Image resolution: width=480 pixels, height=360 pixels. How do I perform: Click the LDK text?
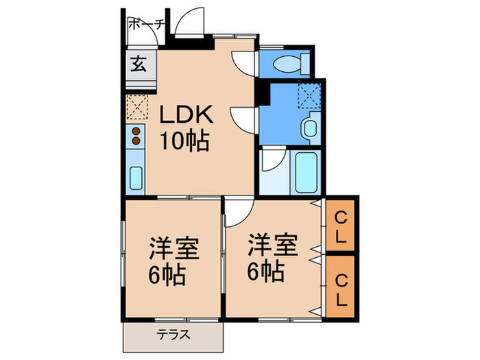(x=187, y=115)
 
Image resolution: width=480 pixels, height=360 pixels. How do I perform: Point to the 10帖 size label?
(x=184, y=141)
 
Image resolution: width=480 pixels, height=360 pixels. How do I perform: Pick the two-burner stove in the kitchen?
(x=136, y=135)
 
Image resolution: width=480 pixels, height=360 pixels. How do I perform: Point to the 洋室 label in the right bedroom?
(x=273, y=245)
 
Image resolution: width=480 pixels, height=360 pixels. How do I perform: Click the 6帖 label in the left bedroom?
(x=167, y=276)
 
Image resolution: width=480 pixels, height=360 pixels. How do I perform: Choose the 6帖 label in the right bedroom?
(x=266, y=272)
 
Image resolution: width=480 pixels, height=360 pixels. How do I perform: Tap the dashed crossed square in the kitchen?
(x=136, y=106)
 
